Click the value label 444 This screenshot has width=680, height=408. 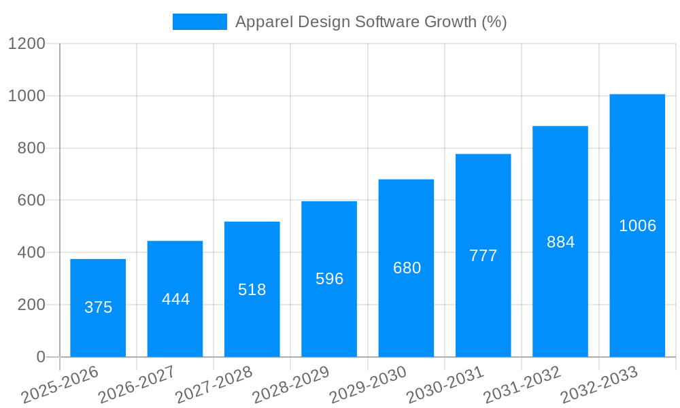[x=176, y=299]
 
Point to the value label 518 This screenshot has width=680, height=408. [x=252, y=290]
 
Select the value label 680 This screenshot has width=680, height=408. [x=407, y=268]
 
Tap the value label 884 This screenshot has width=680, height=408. [x=560, y=242]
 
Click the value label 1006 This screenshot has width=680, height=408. [x=637, y=226]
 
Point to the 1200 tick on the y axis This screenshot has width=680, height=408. [x=27, y=44]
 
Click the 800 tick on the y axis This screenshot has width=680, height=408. [x=31, y=148]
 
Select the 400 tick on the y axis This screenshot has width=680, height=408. [x=31, y=253]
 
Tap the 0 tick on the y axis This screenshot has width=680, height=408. [x=41, y=357]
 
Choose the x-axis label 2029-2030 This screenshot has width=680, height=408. [x=368, y=385]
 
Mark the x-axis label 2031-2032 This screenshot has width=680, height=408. [x=522, y=385]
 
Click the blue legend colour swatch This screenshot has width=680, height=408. [x=199, y=22]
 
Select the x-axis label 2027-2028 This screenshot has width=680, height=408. [x=214, y=385]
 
